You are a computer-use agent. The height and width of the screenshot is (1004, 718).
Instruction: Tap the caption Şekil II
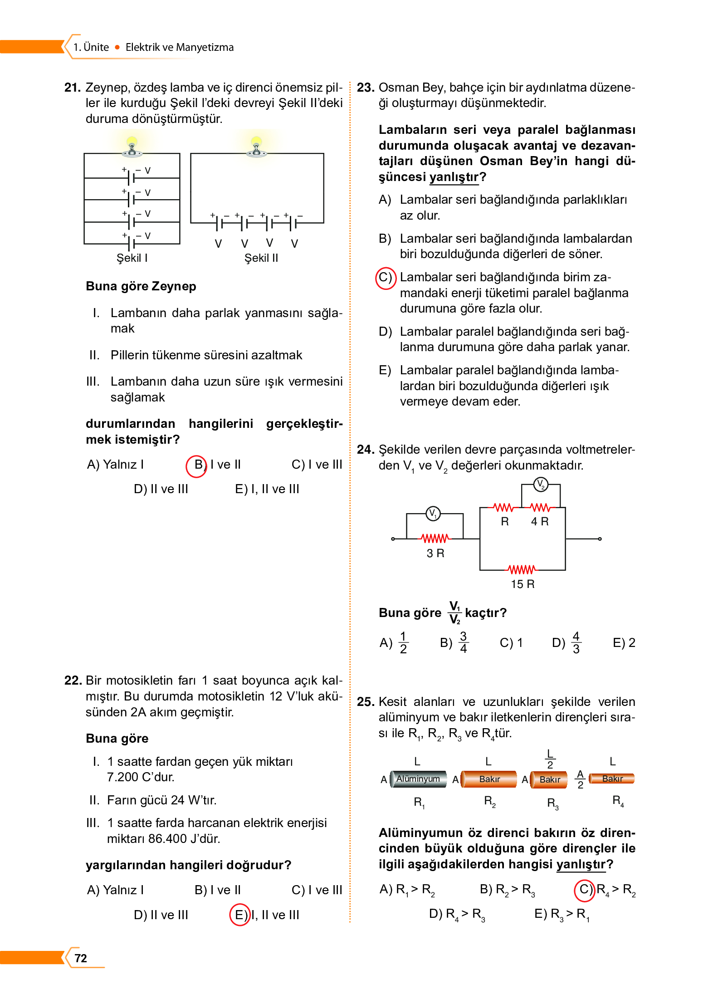(x=261, y=258)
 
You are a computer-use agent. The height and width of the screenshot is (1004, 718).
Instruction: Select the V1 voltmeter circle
(x=433, y=513)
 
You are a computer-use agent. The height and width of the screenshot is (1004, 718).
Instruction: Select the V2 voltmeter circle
(x=540, y=485)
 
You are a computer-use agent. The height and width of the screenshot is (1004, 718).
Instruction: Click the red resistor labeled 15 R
(x=522, y=569)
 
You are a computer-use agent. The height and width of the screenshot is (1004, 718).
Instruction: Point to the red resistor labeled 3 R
(x=435, y=539)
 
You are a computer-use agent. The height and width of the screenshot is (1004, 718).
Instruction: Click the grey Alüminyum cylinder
(x=418, y=779)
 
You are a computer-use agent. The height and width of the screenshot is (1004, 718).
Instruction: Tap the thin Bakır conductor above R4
(x=612, y=779)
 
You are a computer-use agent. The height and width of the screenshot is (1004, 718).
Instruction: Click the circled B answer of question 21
(x=197, y=465)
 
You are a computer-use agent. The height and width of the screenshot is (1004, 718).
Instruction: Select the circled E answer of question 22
(x=240, y=915)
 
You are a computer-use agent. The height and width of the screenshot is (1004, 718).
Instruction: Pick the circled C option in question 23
(x=386, y=278)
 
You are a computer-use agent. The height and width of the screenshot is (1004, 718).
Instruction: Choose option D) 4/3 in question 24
(x=567, y=642)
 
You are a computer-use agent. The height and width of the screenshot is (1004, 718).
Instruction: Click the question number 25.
(x=365, y=702)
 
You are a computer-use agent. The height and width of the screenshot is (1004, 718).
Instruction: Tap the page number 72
(x=81, y=958)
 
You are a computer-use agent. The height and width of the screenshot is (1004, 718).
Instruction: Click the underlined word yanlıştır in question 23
(x=454, y=177)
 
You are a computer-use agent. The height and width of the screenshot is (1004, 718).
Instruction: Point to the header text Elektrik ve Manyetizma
(x=180, y=47)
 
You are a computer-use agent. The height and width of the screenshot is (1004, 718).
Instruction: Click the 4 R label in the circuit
(x=540, y=522)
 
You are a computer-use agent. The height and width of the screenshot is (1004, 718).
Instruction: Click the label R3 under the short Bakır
(x=552, y=803)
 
